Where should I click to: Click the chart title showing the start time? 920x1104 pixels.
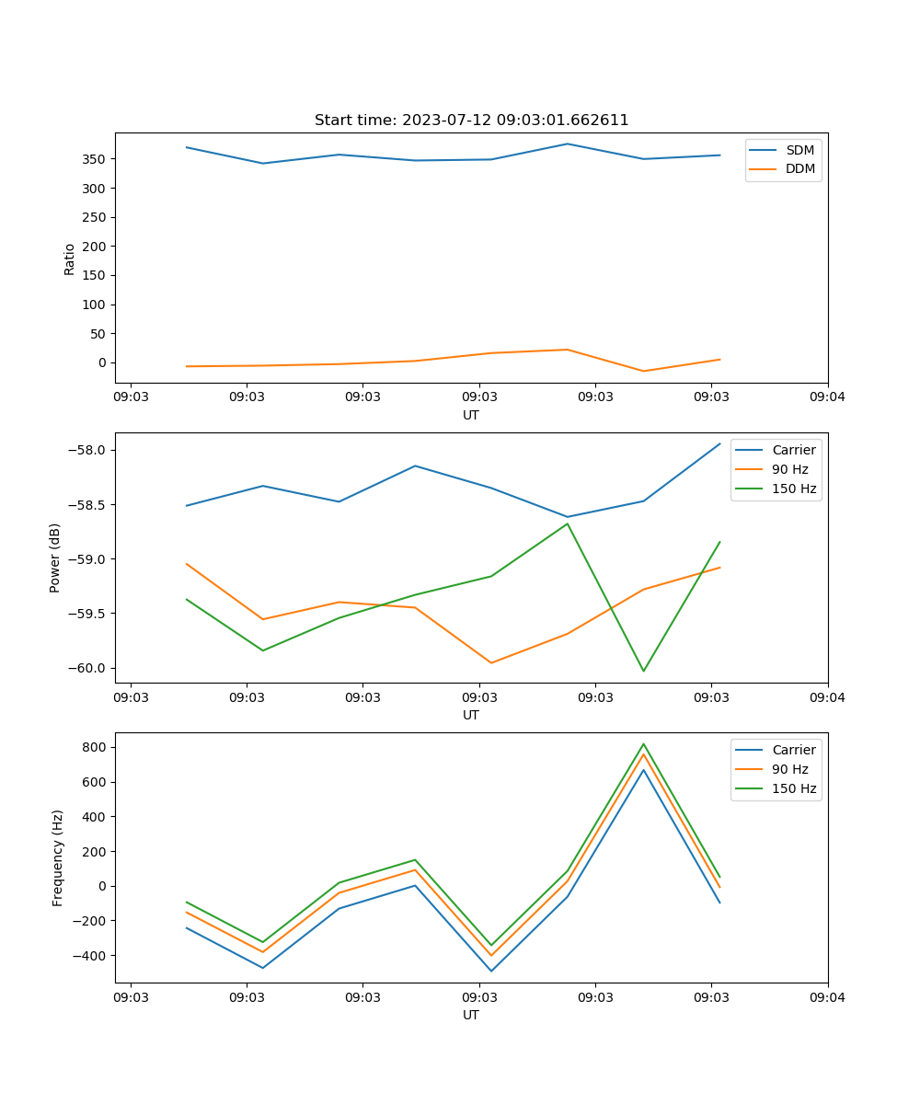coord(471,121)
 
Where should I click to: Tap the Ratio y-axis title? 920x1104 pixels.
coord(70,258)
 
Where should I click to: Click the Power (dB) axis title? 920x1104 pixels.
coord(55,558)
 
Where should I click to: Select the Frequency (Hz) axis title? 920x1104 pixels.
coord(57,857)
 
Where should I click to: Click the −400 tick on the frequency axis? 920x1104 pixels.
coord(89,956)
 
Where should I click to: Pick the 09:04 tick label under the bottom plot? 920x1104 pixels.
coord(827,996)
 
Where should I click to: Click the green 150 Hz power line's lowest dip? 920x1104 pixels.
coord(643,671)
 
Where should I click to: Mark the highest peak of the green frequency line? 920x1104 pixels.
coord(643,744)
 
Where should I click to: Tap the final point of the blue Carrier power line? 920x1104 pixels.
coord(719,443)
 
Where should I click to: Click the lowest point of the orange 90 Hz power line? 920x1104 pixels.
coord(491,662)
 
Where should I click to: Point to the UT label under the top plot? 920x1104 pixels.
coord(471,415)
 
